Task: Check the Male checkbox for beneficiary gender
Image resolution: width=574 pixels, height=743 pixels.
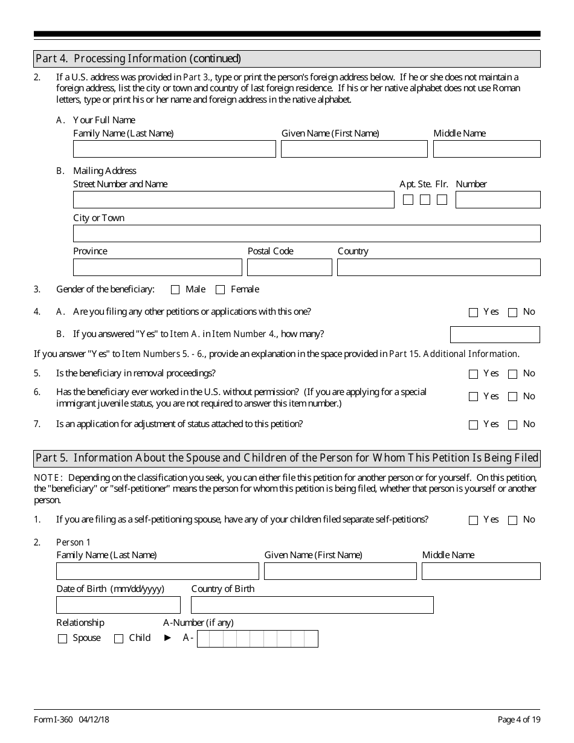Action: tap(175, 290)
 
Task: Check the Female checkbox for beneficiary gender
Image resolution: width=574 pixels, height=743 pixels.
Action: tap(220, 290)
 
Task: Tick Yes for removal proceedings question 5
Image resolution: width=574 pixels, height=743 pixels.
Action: tap(473, 374)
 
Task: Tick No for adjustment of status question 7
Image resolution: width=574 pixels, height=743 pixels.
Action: tap(512, 425)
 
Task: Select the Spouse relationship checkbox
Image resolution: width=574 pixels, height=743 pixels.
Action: tap(62, 639)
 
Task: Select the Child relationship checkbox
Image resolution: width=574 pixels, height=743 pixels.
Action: tap(118, 639)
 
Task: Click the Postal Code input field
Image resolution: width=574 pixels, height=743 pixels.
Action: tap(289, 268)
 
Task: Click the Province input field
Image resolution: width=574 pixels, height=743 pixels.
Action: tap(157, 268)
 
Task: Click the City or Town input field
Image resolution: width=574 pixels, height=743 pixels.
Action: tap(306, 234)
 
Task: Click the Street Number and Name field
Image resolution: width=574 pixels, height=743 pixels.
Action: tap(233, 200)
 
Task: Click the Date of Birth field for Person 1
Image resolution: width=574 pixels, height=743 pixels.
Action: tap(118, 605)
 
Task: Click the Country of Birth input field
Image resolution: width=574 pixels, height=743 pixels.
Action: tap(312, 605)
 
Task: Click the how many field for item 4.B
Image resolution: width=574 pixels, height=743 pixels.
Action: tap(495, 335)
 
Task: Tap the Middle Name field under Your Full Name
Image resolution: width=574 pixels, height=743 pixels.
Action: tap(486, 149)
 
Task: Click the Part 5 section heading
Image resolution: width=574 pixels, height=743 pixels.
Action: tap(287, 458)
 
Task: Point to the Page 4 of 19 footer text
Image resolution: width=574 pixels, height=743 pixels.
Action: tap(518, 719)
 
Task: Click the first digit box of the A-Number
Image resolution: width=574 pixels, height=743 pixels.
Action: tap(203, 639)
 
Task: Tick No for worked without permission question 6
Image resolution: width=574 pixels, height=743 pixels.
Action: tap(512, 397)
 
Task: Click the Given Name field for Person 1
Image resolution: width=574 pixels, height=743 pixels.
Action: tap(340, 571)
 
